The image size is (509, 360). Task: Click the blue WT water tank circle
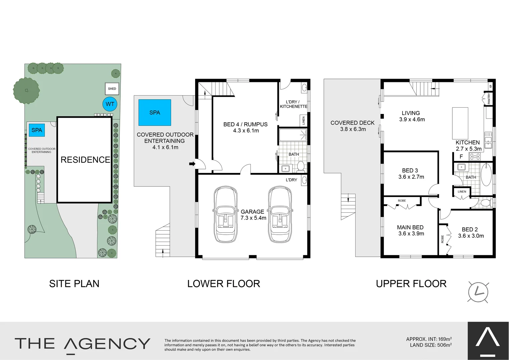point(110,104)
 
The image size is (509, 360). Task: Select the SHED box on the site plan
point(112,89)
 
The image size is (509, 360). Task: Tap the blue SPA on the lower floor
point(155,113)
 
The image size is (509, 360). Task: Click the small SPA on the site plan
point(37,130)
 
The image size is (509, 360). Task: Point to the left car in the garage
point(226,214)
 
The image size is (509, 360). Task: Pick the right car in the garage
point(280,214)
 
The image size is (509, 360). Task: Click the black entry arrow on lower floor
point(192,164)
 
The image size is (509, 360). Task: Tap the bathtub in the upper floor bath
point(486,174)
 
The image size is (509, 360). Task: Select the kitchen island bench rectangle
point(460,123)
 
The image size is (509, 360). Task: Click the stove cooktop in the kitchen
point(475,156)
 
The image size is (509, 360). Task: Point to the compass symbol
point(478,292)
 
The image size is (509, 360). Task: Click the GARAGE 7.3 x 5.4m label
point(253,215)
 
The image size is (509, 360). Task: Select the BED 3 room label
point(411,174)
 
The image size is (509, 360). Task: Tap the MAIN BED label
point(411,230)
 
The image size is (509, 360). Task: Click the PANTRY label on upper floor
point(489,99)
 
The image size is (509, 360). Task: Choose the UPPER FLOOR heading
point(411,284)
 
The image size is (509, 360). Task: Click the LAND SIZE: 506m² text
point(431,345)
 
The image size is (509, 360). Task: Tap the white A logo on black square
point(488,340)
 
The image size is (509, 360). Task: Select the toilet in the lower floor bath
point(301,166)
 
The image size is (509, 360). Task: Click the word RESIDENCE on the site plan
point(85,160)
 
